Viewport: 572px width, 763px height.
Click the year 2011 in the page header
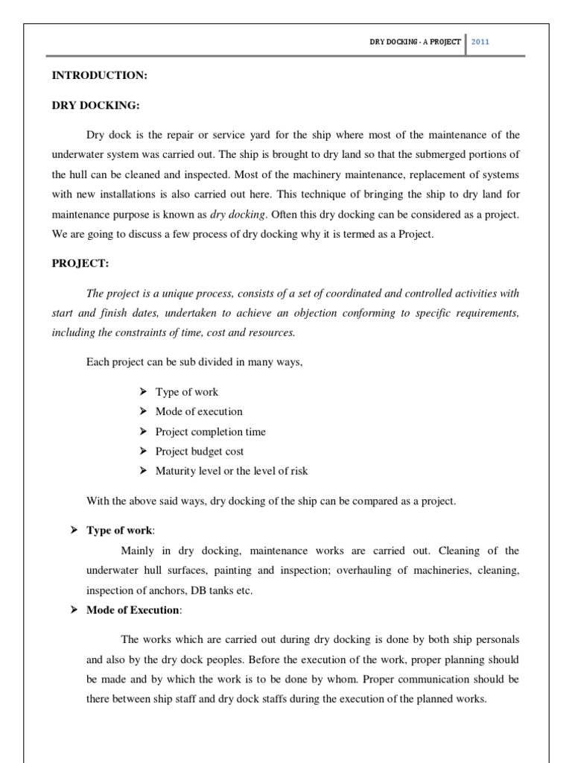[480, 42]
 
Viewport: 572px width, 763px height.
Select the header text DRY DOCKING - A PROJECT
[415, 42]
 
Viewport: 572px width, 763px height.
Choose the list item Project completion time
[210, 431]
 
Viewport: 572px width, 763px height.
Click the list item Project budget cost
[199, 451]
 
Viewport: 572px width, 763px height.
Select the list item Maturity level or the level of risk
[231, 471]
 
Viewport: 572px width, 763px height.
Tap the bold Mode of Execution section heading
[133, 610]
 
